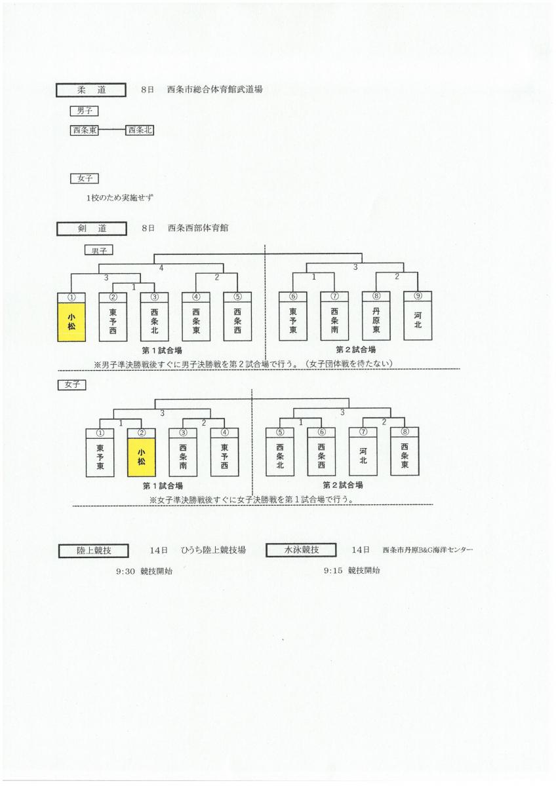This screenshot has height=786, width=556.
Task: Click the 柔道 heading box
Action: [x=91, y=90]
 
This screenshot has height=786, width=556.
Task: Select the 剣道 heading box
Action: [x=91, y=229]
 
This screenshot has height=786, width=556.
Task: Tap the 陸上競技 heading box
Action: [x=93, y=551]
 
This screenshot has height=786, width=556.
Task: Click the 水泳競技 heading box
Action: [x=301, y=550]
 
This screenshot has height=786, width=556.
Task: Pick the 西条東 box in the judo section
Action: [x=85, y=130]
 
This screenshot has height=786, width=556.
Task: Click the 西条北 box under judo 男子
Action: [x=140, y=130]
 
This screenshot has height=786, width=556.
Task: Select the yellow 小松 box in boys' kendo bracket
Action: [x=71, y=322]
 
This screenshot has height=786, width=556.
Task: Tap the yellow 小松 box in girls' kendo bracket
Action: [x=141, y=457]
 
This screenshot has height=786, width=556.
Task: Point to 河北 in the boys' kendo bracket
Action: [x=418, y=320]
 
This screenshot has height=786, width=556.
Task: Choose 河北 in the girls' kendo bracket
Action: [x=363, y=456]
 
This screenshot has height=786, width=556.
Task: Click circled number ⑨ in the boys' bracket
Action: [x=418, y=296]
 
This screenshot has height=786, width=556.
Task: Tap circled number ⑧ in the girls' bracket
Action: [x=405, y=432]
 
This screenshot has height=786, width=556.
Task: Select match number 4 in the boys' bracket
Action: [x=161, y=268]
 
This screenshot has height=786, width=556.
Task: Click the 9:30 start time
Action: [x=125, y=571]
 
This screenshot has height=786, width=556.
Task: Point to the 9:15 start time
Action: [x=333, y=571]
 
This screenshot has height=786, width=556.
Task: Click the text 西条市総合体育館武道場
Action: [x=214, y=89]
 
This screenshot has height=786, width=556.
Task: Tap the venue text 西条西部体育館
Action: [x=198, y=228]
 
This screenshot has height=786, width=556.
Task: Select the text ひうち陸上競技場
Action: [x=213, y=550]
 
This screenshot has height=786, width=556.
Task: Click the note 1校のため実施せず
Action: [x=120, y=198]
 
